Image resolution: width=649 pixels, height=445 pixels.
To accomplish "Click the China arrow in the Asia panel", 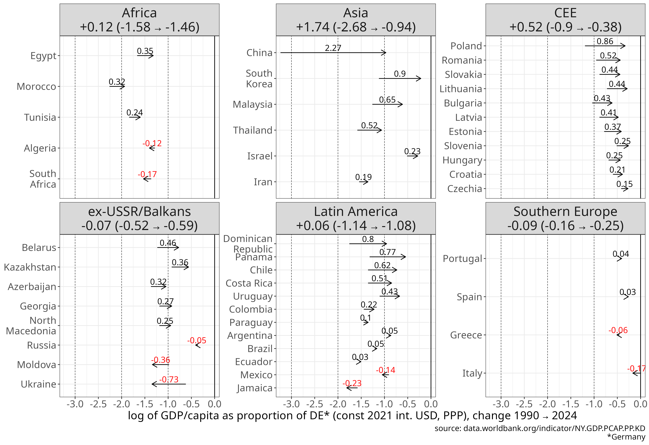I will [333, 52].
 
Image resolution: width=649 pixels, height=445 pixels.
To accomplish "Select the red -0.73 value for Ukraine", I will [169, 379].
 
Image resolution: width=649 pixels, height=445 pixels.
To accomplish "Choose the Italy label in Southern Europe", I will [472, 373].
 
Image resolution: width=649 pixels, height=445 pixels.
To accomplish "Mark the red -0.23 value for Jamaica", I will [352, 383].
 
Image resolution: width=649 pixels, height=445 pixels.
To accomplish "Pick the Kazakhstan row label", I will [30, 267].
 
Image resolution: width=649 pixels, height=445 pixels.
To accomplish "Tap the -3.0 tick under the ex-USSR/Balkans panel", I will [75, 404].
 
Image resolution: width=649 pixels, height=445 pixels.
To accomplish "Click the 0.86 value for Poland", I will [605, 41].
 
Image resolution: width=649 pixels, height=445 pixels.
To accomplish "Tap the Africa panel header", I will [139, 20].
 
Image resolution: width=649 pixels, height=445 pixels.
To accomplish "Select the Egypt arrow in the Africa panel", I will [145, 56].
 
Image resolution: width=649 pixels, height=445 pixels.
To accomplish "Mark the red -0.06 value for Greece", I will [618, 330].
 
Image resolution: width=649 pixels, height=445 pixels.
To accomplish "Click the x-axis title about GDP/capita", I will [352, 416].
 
